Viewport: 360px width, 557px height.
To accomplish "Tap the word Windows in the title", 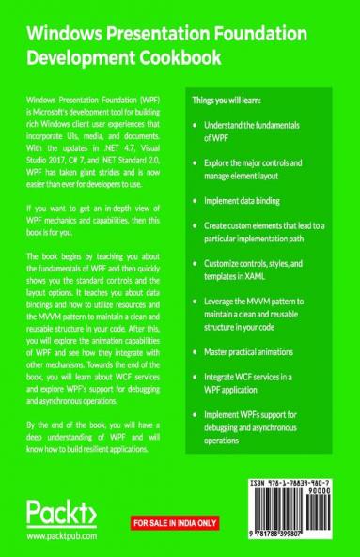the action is [62, 36].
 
